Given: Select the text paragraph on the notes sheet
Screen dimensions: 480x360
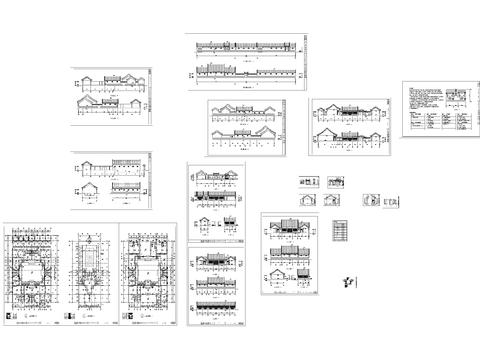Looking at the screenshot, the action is (424, 100).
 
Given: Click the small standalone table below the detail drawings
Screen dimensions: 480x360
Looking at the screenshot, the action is (340, 230).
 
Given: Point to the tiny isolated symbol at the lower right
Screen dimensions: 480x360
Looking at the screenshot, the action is (348, 281).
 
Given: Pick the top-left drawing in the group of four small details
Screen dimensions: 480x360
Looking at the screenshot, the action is (308, 182).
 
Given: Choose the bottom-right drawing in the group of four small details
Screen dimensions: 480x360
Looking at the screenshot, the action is (331, 201).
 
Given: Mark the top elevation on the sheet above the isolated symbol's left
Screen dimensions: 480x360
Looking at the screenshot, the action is (288, 228).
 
